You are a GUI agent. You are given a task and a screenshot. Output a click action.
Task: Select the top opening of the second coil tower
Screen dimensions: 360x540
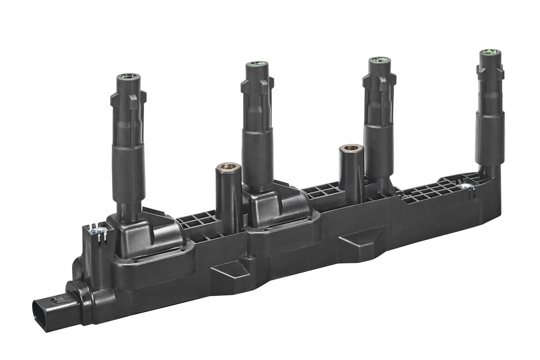pyautogui.click(x=257, y=65)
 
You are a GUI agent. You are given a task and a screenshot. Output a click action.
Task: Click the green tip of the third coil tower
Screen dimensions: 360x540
pyautogui.click(x=379, y=60)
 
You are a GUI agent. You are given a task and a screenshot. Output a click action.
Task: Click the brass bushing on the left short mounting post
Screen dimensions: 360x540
pyautogui.click(x=228, y=167)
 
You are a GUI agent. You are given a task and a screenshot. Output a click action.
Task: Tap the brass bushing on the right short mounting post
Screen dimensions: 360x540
pyautogui.click(x=351, y=148)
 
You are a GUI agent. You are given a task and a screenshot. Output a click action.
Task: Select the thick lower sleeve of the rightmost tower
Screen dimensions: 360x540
pyautogui.click(x=489, y=137)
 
